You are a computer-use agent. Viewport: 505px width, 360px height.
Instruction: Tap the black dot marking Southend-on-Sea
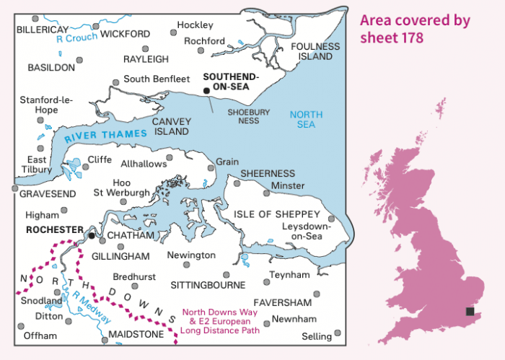(x=206, y=90)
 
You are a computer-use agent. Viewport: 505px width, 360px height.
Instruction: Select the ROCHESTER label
(x=54, y=229)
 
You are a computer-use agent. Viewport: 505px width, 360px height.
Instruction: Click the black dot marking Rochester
(x=92, y=234)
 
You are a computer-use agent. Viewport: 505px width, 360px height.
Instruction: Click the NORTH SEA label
(x=306, y=120)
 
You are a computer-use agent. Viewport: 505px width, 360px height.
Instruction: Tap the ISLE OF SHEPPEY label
(x=276, y=214)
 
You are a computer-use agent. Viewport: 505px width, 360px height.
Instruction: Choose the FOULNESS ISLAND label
(x=315, y=51)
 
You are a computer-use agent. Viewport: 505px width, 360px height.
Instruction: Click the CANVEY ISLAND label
(x=171, y=126)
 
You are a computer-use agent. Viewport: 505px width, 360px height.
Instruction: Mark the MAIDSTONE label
(x=135, y=335)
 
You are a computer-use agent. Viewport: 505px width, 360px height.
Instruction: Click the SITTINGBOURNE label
(x=208, y=285)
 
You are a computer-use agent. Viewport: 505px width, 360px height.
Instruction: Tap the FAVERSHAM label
(x=282, y=302)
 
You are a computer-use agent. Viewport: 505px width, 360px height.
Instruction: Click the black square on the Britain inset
(x=470, y=312)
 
